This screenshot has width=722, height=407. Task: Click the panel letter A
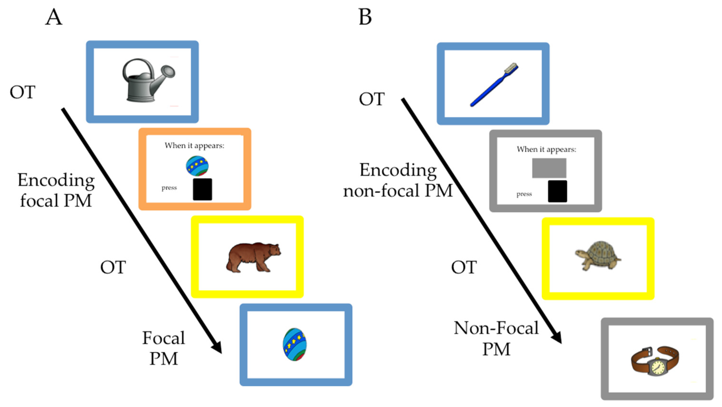tap(53, 17)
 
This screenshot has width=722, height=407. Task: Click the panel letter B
tap(365, 17)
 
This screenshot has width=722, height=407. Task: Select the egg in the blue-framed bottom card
tap(294, 344)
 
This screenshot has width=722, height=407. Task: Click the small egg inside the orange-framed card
tap(197, 166)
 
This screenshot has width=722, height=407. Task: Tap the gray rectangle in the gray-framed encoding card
tap(549, 168)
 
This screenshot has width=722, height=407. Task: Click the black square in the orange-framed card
tap(202, 189)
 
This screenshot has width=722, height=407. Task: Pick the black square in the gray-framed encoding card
tap(557, 191)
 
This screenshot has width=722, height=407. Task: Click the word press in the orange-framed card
tap(169, 188)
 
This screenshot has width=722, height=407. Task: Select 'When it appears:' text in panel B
tap(546, 149)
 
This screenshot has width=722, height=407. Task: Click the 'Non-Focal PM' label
tap(496, 338)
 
